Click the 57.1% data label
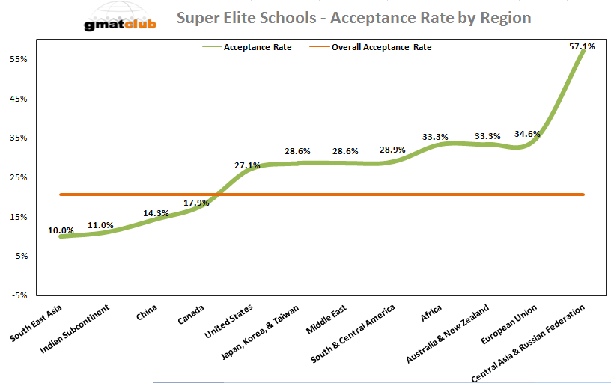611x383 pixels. pyautogui.click(x=582, y=46)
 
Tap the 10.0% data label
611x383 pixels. pyautogui.click(x=61, y=230)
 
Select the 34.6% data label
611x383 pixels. pyautogui.click(x=527, y=134)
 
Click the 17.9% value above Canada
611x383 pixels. pyautogui.click(x=196, y=202)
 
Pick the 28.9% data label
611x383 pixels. pyautogui.click(x=392, y=150)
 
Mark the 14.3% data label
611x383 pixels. pyautogui.click(x=156, y=213)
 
